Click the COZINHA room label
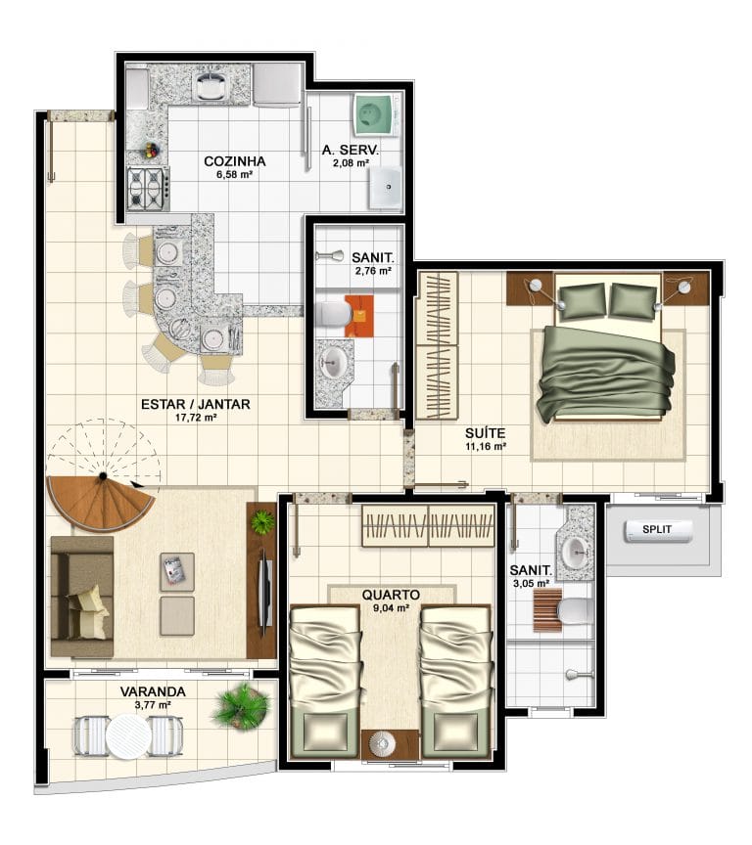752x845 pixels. (235, 161)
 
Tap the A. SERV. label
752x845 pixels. (351, 151)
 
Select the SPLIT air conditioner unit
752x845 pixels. (658, 530)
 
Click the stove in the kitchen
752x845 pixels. (148, 188)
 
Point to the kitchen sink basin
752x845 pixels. (213, 86)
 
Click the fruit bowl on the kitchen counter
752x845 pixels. (151, 151)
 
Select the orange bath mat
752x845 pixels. (359, 316)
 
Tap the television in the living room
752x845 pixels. (265, 592)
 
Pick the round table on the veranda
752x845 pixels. (128, 736)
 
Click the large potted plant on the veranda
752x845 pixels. (241, 706)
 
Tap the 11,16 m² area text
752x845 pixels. (486, 446)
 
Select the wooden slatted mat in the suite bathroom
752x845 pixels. (547, 610)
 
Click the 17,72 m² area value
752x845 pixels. (197, 417)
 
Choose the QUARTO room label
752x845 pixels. (391, 595)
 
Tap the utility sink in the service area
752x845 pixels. (385, 187)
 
